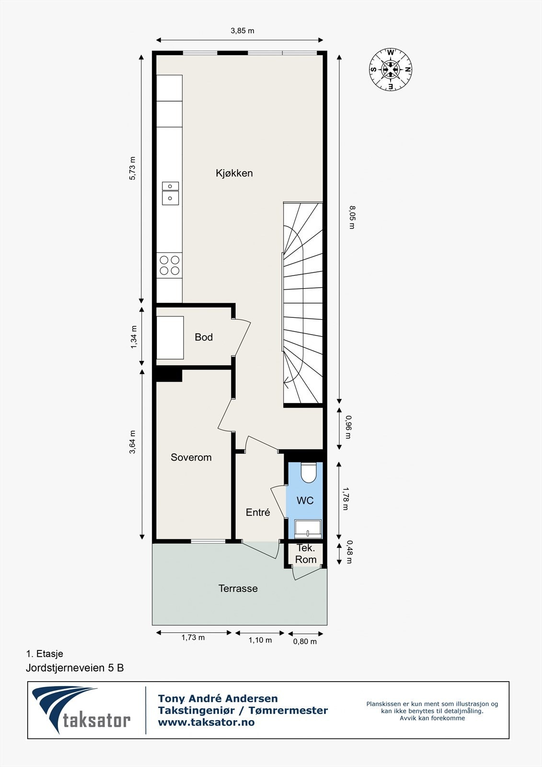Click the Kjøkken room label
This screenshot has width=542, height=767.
click(x=234, y=173)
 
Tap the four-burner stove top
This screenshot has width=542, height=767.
click(x=170, y=265)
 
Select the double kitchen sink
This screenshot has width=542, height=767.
click(x=170, y=193)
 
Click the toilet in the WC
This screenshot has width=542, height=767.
click(x=309, y=473)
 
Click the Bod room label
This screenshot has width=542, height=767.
click(x=204, y=337)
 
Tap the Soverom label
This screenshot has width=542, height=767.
click(x=191, y=457)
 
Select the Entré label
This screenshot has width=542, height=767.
click(x=258, y=512)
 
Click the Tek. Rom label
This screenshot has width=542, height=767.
click(x=306, y=554)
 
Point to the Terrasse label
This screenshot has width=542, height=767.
click(x=238, y=588)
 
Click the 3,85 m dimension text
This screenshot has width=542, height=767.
click(x=242, y=31)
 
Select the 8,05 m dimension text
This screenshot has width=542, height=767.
click(x=351, y=217)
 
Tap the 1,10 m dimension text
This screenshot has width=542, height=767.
click(x=260, y=640)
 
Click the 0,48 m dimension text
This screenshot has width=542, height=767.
click(x=349, y=552)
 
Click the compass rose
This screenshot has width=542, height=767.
click(x=391, y=70)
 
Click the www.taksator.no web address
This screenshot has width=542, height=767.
click(x=206, y=722)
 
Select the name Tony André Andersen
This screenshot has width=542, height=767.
click(x=218, y=698)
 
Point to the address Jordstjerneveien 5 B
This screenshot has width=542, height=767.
click(x=75, y=668)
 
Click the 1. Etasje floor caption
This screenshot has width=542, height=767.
click(x=45, y=653)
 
